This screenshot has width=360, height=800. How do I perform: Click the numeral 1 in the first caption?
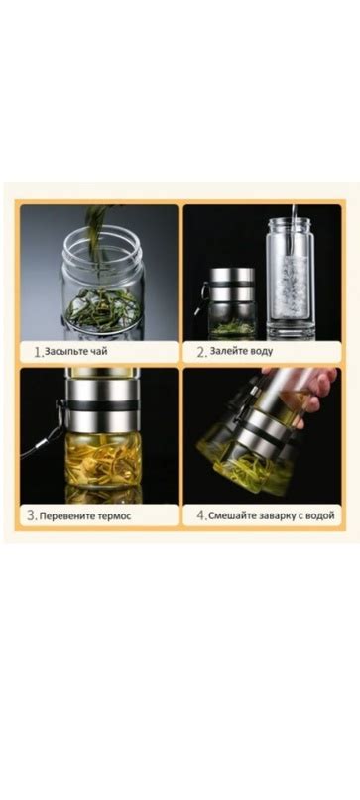[38, 352]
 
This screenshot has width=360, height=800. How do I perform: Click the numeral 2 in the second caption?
[201, 352]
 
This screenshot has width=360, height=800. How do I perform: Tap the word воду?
[261, 351]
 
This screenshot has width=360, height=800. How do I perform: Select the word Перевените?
[64, 515]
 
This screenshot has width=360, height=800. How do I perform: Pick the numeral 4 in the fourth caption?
[201, 515]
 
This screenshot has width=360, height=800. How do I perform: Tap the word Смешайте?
[230, 515]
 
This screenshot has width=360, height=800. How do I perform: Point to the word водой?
[321, 515]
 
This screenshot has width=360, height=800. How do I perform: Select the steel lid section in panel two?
[232, 285]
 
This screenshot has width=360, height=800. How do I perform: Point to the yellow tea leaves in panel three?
[102, 459]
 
